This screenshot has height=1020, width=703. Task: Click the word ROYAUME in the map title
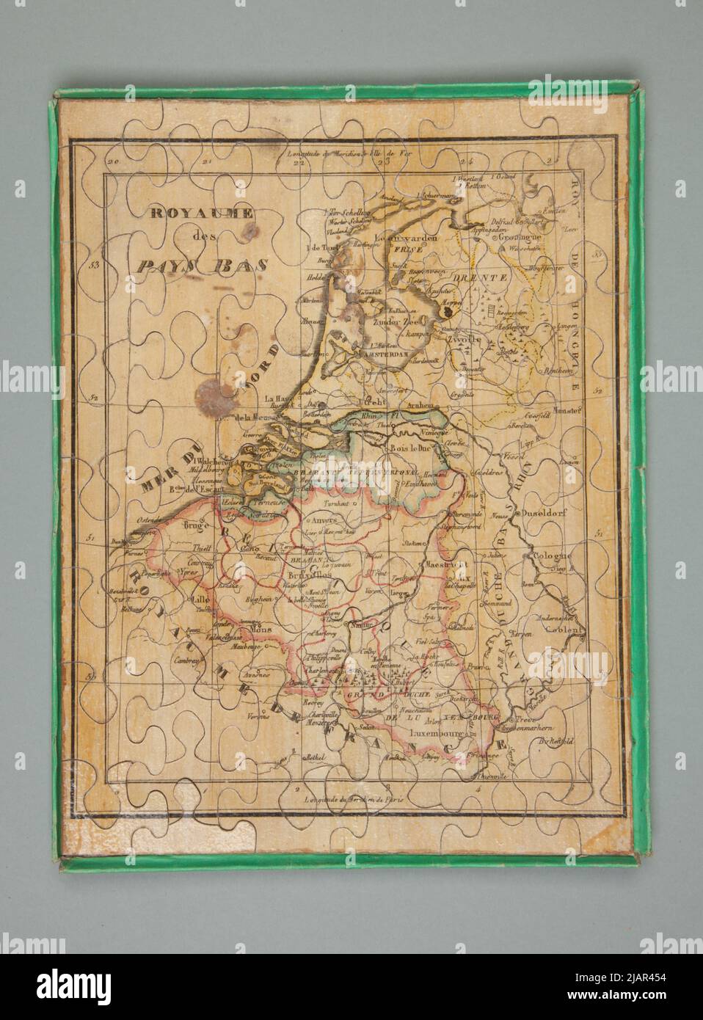click(202, 214)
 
